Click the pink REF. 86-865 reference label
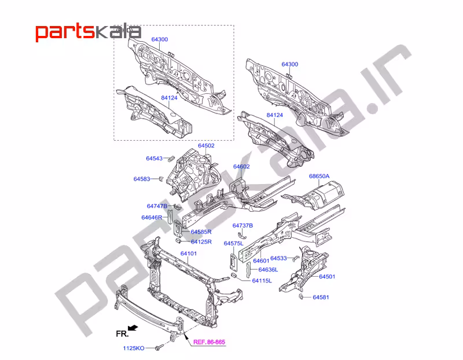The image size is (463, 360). pos(209,342)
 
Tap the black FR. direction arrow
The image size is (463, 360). pos(133,328)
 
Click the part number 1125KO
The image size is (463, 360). pos(134,348)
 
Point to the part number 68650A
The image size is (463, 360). pos(319,176)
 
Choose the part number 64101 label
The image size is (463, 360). pos(189,254)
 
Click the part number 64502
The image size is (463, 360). pos(206,146)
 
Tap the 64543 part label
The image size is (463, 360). pos(154,158)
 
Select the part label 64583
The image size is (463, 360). pos(142,179)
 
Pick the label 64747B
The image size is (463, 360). pos(157,206)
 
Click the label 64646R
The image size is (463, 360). pos(152,218)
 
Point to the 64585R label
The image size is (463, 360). pos(201,232)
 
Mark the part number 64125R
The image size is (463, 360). pos(201,241)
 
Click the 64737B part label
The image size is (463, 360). pos(242,225)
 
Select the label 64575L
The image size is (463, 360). pos(234,243)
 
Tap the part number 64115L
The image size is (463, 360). pos(262,281)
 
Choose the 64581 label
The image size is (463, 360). pos(321,297)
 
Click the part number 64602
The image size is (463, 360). pos(241,166)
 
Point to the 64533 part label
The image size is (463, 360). pos(278,258)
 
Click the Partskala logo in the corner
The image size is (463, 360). pos(89,32)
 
